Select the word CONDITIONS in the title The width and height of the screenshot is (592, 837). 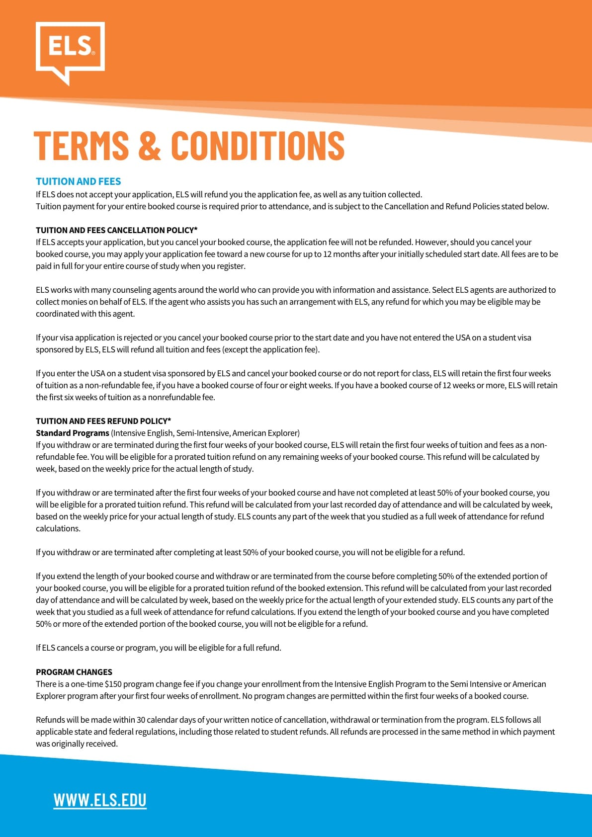(x=257, y=145)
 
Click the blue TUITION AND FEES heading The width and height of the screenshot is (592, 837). (x=79, y=181)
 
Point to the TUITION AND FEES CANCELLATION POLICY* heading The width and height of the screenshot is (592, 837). (x=117, y=230)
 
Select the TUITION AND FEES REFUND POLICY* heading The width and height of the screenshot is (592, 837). (x=103, y=421)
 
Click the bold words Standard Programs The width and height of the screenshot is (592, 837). (x=73, y=433)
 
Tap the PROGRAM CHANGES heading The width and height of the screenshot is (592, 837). (x=74, y=672)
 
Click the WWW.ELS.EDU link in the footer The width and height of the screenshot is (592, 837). (x=100, y=800)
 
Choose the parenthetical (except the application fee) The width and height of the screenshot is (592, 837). (x=271, y=349)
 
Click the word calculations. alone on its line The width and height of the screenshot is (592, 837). (x=58, y=528)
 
